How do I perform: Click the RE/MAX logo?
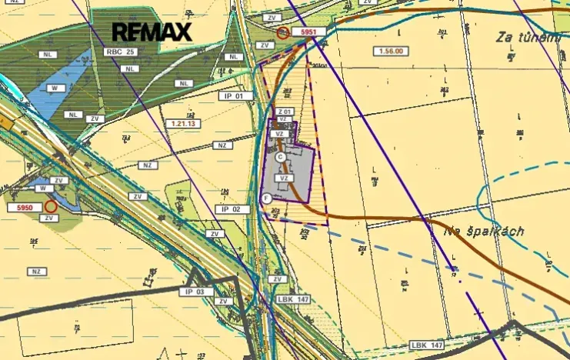pyautogui.click(x=152, y=32)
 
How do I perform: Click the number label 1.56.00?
pyautogui.click(x=391, y=52)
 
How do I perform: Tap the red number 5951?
pyautogui.click(x=309, y=32)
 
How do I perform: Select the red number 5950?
pyautogui.click(x=22, y=208)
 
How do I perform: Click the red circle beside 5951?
pyautogui.click(x=283, y=32)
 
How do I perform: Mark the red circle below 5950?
pyautogui.click(x=51, y=206)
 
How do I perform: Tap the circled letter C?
pyautogui.click(x=280, y=156)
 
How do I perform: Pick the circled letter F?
pyautogui.click(x=266, y=198)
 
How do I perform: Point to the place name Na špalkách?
pyautogui.click(x=483, y=231)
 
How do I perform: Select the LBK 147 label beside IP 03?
pyautogui.click(x=293, y=299)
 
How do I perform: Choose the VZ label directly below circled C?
pyautogui.click(x=284, y=178)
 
